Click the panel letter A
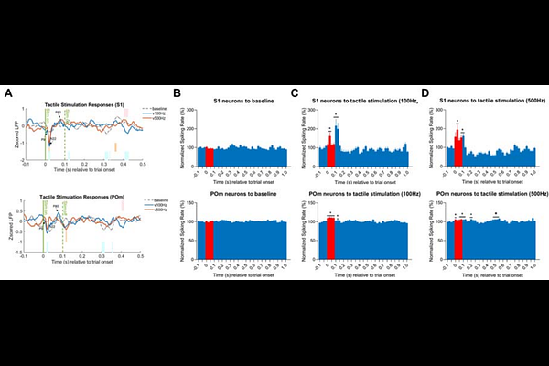pyautogui.click(x=9, y=92)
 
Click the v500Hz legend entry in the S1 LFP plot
pyautogui.click(x=135, y=119)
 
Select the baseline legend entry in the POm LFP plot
pyautogui.click(x=135, y=201)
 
